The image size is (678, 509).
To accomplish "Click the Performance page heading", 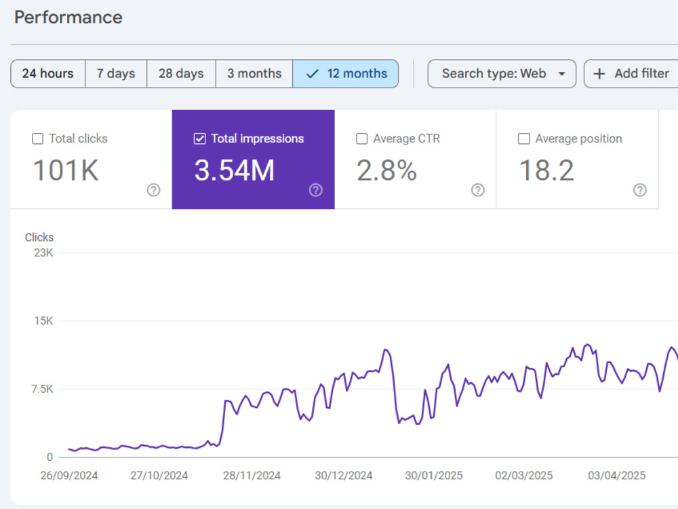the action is point(68,18).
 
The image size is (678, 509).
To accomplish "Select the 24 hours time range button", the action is point(48,73).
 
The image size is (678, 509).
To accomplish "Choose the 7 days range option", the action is point(116,73).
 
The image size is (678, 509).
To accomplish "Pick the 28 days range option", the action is point(181,73).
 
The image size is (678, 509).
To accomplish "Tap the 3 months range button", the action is point(254,73).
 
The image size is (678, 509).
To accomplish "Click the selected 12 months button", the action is point(346,73).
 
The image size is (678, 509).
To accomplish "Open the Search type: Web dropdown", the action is point(502,73).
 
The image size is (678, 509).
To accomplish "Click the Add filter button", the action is point(631,73).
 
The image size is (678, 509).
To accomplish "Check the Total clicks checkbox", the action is point(37,138).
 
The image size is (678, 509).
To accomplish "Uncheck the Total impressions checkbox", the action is point(200,138).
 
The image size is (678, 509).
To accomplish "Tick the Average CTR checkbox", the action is point(362,138).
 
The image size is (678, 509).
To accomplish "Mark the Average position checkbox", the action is point(524,138).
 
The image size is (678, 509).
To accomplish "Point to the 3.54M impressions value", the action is point(235,170).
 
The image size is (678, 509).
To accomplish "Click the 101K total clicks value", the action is point(66,170).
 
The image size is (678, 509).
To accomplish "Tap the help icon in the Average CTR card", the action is point(478,190).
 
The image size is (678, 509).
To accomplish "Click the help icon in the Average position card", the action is point(640,190).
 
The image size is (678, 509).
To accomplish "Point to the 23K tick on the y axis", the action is point(43,252).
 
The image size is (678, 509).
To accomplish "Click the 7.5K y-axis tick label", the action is point(42,389).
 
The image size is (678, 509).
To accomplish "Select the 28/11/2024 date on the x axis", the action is point(252,476).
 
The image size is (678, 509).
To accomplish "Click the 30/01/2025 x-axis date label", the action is point(434,476).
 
